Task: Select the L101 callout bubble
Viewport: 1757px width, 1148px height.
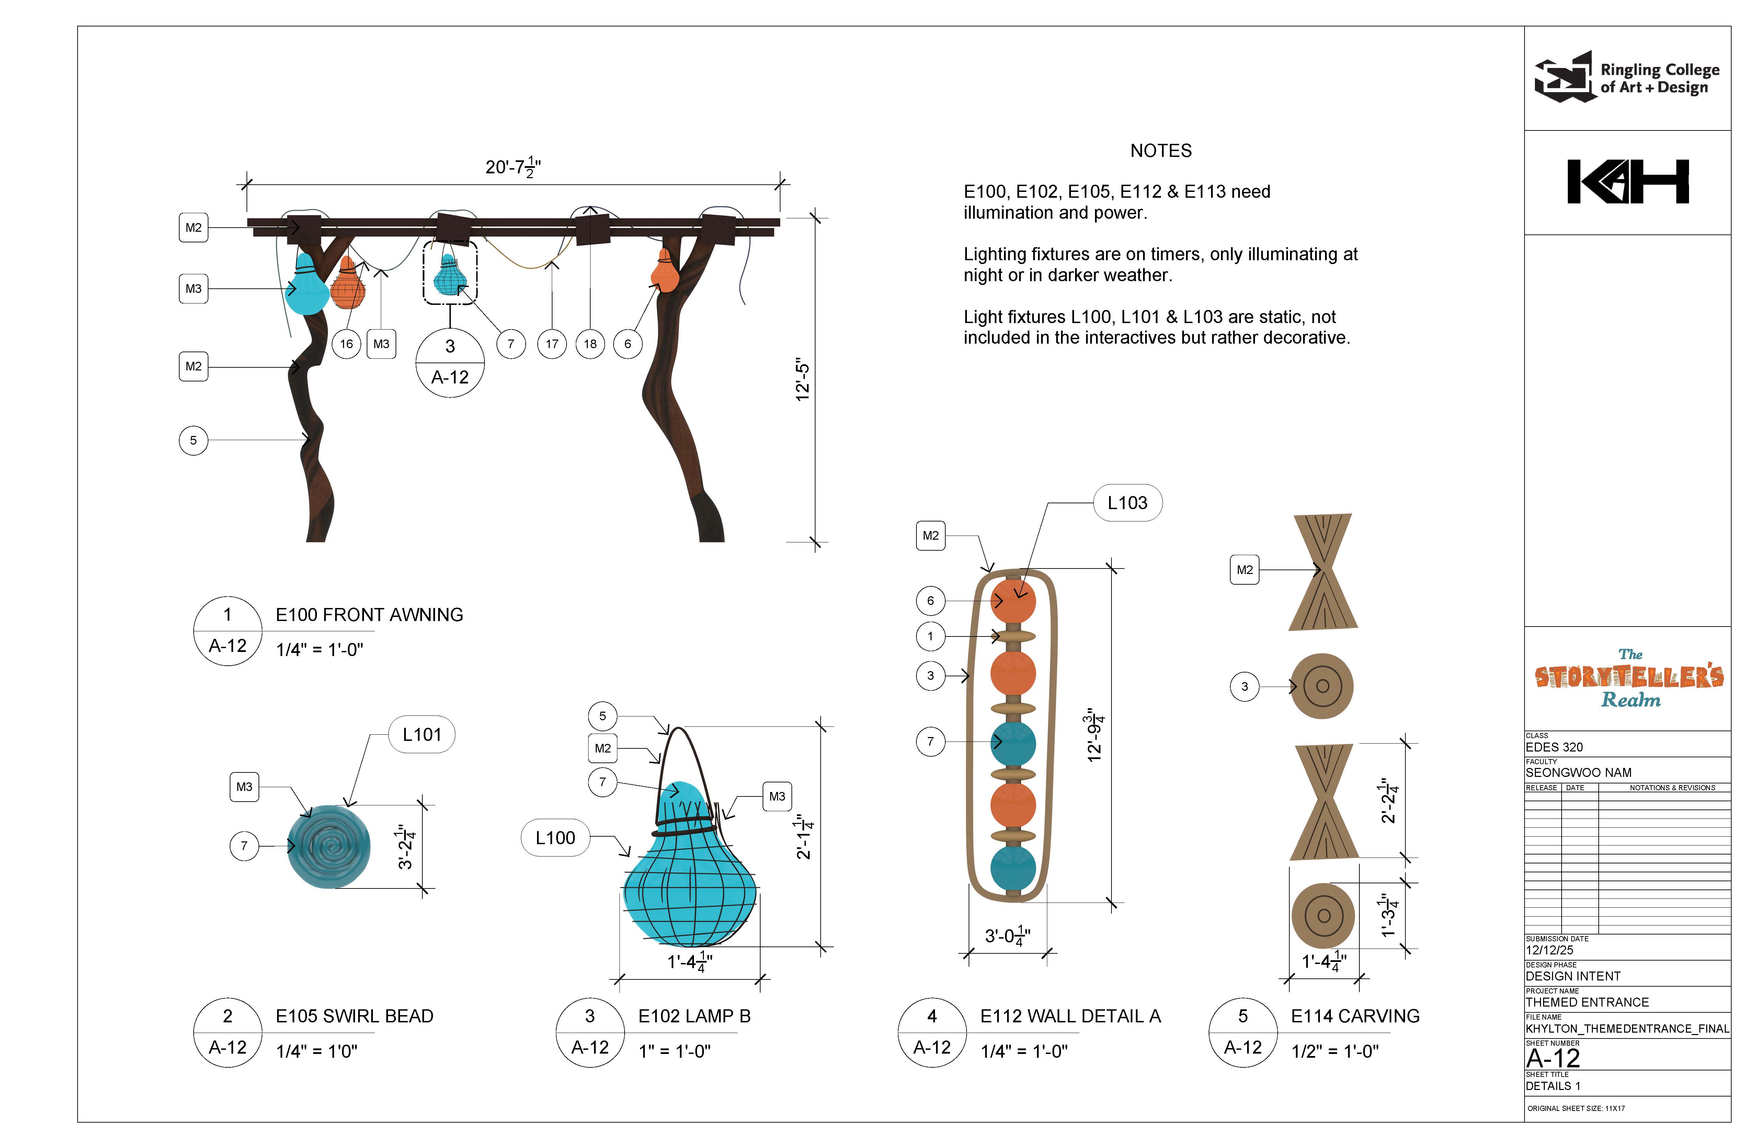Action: pyautogui.click(x=422, y=735)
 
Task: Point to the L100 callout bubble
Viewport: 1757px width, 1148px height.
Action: pyautogui.click(x=555, y=838)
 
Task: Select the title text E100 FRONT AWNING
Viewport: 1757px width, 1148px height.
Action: pyautogui.click(x=369, y=615)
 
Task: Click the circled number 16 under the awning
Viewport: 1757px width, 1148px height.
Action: pyautogui.click(x=346, y=344)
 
